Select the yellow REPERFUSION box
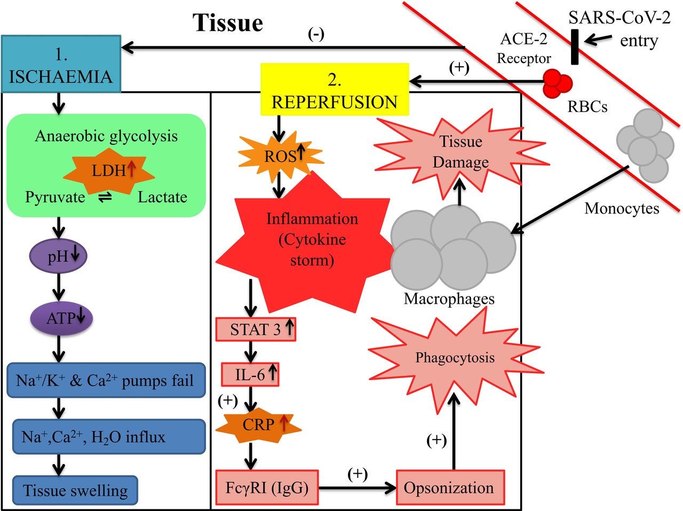(335, 90)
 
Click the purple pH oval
(58, 257)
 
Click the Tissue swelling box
(75, 491)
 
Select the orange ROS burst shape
(280, 156)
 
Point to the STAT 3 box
(256, 329)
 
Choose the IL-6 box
(250, 375)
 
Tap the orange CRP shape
(259, 426)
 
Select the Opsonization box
(450, 488)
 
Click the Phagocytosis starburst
(455, 358)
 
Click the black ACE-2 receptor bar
(574, 48)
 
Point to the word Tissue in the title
(228, 23)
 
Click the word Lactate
(162, 197)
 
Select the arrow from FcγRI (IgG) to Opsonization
(357, 488)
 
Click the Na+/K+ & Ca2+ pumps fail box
(106, 381)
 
